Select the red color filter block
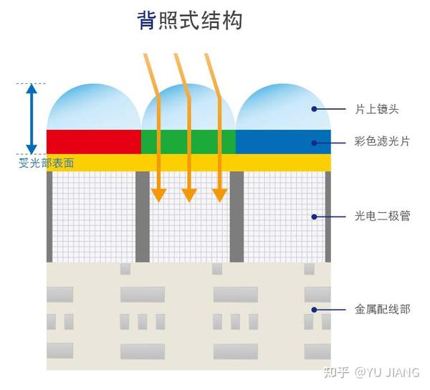(x=93, y=142)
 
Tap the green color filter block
(x=188, y=142)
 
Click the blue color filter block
(x=282, y=142)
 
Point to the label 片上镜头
(x=376, y=109)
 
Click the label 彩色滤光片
(x=382, y=142)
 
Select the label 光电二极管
(x=382, y=215)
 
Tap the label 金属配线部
(x=382, y=310)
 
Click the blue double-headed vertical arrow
(x=31, y=118)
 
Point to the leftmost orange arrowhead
(x=158, y=194)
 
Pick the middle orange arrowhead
(x=188, y=194)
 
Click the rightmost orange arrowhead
(x=219, y=194)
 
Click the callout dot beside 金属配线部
(x=314, y=310)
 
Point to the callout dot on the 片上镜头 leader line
(x=314, y=109)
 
